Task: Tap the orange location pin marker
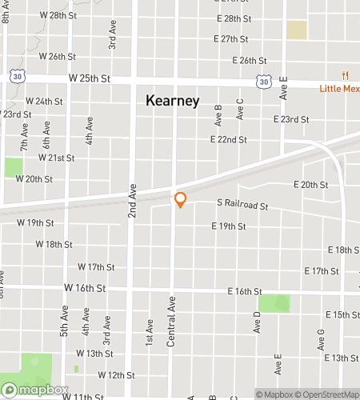[180, 199]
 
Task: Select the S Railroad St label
[242, 206]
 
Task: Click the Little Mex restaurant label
[341, 88]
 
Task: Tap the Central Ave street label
[170, 322]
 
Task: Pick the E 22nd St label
[229, 139]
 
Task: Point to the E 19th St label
[229, 226]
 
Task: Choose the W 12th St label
[116, 374]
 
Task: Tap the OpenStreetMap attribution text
[330, 394]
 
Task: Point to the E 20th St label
[310, 185]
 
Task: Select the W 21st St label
[56, 158]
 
